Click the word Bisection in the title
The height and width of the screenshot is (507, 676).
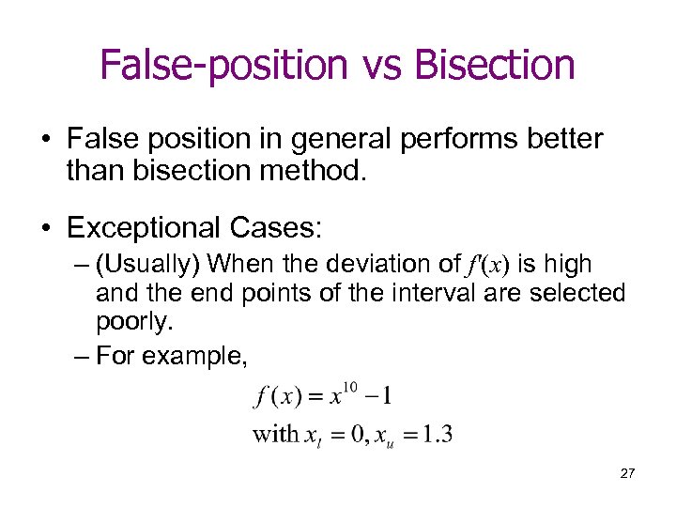pos(494,65)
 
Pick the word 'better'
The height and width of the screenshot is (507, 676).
pos(561,140)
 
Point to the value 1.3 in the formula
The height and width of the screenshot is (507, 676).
pos(437,435)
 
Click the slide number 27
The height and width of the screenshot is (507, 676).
pos(626,474)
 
